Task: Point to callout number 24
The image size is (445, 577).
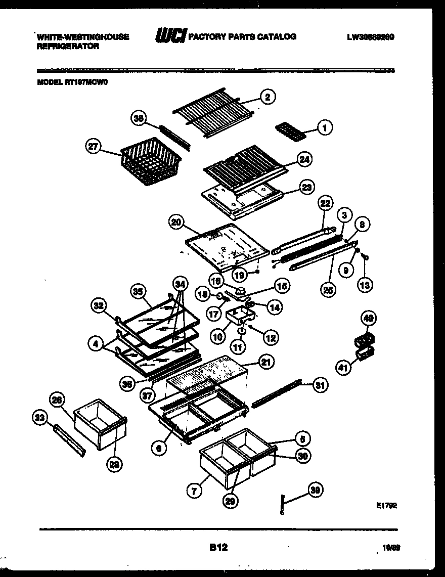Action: [304, 159]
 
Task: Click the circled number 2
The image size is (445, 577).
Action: [268, 97]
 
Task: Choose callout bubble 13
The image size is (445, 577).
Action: [365, 285]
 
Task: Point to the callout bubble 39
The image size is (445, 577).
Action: [316, 490]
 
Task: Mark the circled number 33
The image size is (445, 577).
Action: [39, 417]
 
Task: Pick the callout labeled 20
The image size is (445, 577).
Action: [176, 221]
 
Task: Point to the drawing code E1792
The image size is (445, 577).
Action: [386, 504]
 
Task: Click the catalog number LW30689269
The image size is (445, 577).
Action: [371, 37]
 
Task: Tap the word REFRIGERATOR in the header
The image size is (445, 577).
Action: [67, 46]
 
